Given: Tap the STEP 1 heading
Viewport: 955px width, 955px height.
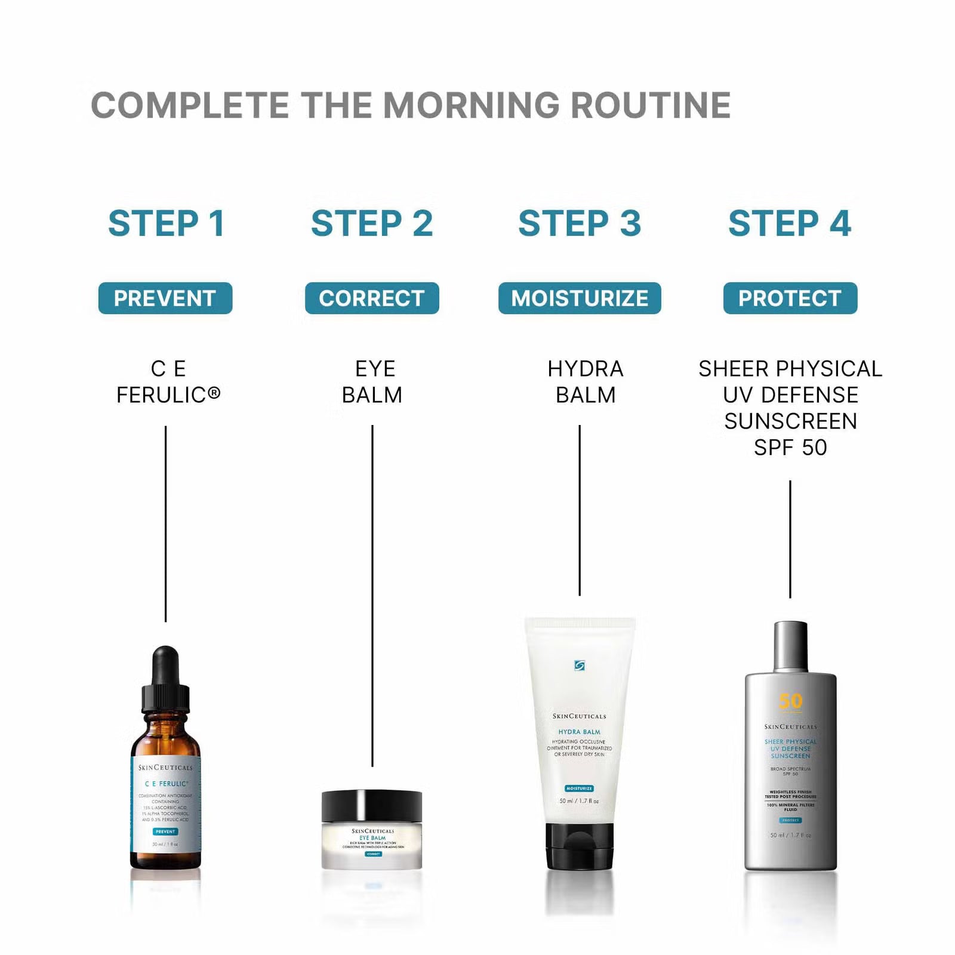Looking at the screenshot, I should (x=166, y=223).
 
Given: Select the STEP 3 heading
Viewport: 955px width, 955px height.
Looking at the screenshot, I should (x=580, y=223).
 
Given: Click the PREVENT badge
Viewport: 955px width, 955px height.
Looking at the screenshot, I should (x=165, y=298).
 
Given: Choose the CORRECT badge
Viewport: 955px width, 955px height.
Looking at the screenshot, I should (x=372, y=298).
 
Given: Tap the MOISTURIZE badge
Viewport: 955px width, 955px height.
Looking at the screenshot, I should (x=580, y=298).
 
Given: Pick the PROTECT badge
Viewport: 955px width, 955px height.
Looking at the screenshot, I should (x=790, y=298).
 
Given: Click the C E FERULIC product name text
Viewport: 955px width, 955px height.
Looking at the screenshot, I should (x=168, y=382).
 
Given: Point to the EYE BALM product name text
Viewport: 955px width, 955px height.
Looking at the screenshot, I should (x=372, y=382).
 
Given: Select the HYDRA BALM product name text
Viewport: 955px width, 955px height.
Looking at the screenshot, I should (x=585, y=382).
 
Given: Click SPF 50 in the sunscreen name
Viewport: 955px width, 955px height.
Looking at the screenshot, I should (x=790, y=448).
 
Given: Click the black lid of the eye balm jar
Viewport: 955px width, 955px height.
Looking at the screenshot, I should (x=372, y=806).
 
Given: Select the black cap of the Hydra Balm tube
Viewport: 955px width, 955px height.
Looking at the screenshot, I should (x=580, y=846).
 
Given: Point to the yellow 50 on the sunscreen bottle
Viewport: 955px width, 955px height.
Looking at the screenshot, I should (x=791, y=701).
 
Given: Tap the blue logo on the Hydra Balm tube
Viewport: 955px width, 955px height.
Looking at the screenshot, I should (x=579, y=666).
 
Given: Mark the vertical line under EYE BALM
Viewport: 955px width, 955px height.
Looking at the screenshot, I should (x=372, y=597).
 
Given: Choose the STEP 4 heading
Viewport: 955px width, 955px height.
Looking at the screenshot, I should (x=790, y=223).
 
